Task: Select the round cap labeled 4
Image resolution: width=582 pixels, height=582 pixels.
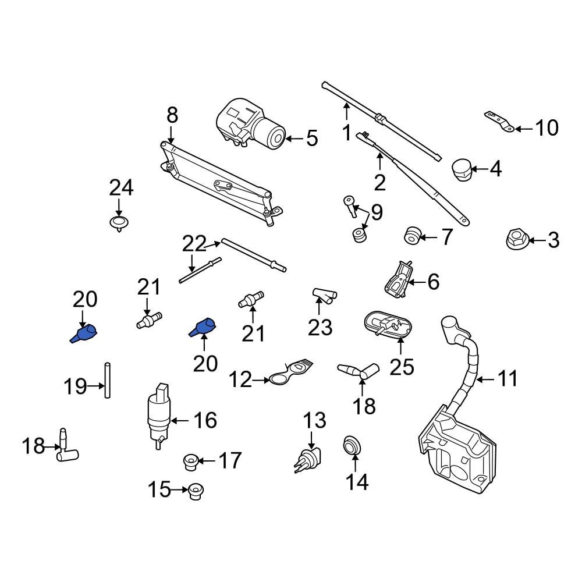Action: [x=461, y=169]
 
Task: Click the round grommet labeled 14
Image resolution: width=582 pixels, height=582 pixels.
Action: [x=351, y=446]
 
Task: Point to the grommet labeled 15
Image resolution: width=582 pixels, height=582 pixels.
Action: [x=195, y=492]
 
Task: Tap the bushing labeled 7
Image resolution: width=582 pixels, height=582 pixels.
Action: [x=412, y=236]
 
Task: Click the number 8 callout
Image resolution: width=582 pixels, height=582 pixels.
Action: [x=172, y=115]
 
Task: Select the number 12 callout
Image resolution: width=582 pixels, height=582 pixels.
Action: [x=240, y=380]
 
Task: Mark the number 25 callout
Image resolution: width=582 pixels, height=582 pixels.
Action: [x=401, y=367]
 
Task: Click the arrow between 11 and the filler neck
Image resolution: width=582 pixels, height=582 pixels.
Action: [x=484, y=379]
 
